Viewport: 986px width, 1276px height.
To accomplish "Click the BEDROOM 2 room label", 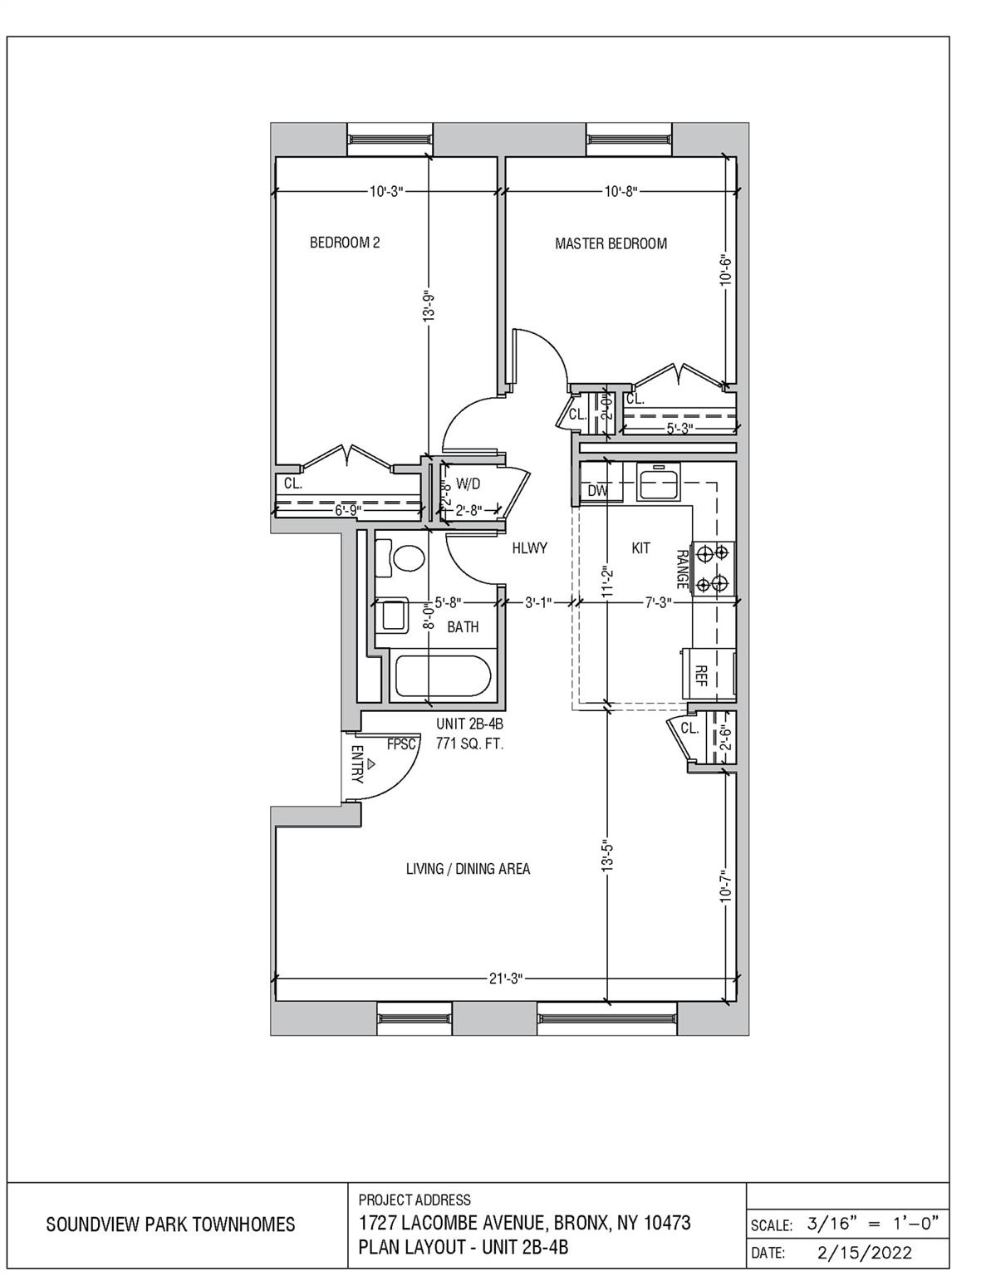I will (x=345, y=243).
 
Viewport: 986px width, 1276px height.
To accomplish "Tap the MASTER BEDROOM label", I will (x=611, y=243).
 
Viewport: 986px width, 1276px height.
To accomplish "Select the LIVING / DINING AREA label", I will (x=468, y=869).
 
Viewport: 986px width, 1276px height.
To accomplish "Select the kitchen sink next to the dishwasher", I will (x=659, y=483).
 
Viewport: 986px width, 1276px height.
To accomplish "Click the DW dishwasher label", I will (x=597, y=491).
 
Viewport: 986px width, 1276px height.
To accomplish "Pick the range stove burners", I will (x=714, y=567).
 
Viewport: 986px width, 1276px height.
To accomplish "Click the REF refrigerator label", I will (x=700, y=674).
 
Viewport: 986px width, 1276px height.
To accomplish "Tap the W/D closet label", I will (x=468, y=483).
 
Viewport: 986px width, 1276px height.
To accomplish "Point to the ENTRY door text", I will (x=357, y=764).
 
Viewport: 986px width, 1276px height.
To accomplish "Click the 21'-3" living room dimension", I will (x=505, y=978).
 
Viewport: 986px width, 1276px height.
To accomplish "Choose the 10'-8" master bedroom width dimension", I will (x=620, y=192).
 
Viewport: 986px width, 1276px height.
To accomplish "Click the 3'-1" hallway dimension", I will (x=537, y=602).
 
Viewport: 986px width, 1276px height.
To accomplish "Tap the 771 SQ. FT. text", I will (x=469, y=744).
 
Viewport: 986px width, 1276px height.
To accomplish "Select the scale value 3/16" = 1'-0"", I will (x=871, y=1224).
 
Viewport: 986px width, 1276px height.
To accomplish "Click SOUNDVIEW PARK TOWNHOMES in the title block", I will (x=170, y=1224).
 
